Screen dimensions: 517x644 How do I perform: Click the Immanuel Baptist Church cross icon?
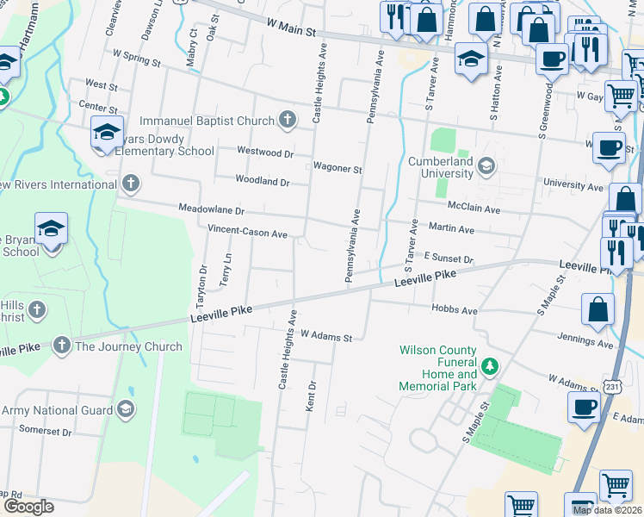[x=288, y=121]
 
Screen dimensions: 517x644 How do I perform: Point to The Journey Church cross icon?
[x=61, y=346]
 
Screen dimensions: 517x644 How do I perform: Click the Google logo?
[x=28, y=506]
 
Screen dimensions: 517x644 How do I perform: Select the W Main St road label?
[x=293, y=29]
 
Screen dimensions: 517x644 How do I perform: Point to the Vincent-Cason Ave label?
[x=247, y=233]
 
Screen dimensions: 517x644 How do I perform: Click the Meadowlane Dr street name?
[x=212, y=209]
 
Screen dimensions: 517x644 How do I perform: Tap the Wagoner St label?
[x=337, y=169]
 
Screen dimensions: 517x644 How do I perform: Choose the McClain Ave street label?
[x=474, y=209]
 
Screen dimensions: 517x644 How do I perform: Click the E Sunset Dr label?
[x=448, y=258]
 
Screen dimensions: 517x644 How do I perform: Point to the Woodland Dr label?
[x=263, y=182]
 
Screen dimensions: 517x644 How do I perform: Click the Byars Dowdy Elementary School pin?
[x=107, y=133]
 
